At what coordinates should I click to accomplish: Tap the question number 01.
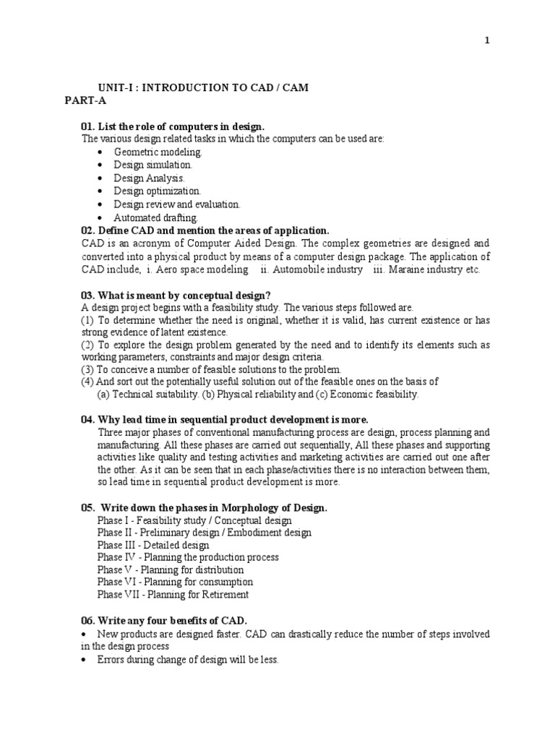(x=87, y=126)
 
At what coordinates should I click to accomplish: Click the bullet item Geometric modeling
(x=158, y=152)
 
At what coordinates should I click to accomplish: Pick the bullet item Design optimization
(x=157, y=192)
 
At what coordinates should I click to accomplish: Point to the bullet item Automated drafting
(x=155, y=218)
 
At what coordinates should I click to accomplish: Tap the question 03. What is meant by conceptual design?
(x=176, y=295)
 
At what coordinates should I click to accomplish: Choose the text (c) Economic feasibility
(x=368, y=395)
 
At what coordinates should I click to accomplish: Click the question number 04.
(x=87, y=420)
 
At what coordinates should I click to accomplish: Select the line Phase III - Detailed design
(x=153, y=546)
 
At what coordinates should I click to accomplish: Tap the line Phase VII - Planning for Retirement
(x=173, y=595)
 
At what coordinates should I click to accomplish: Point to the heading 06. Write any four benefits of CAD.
(x=164, y=621)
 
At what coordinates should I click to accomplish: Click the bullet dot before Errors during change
(x=85, y=660)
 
